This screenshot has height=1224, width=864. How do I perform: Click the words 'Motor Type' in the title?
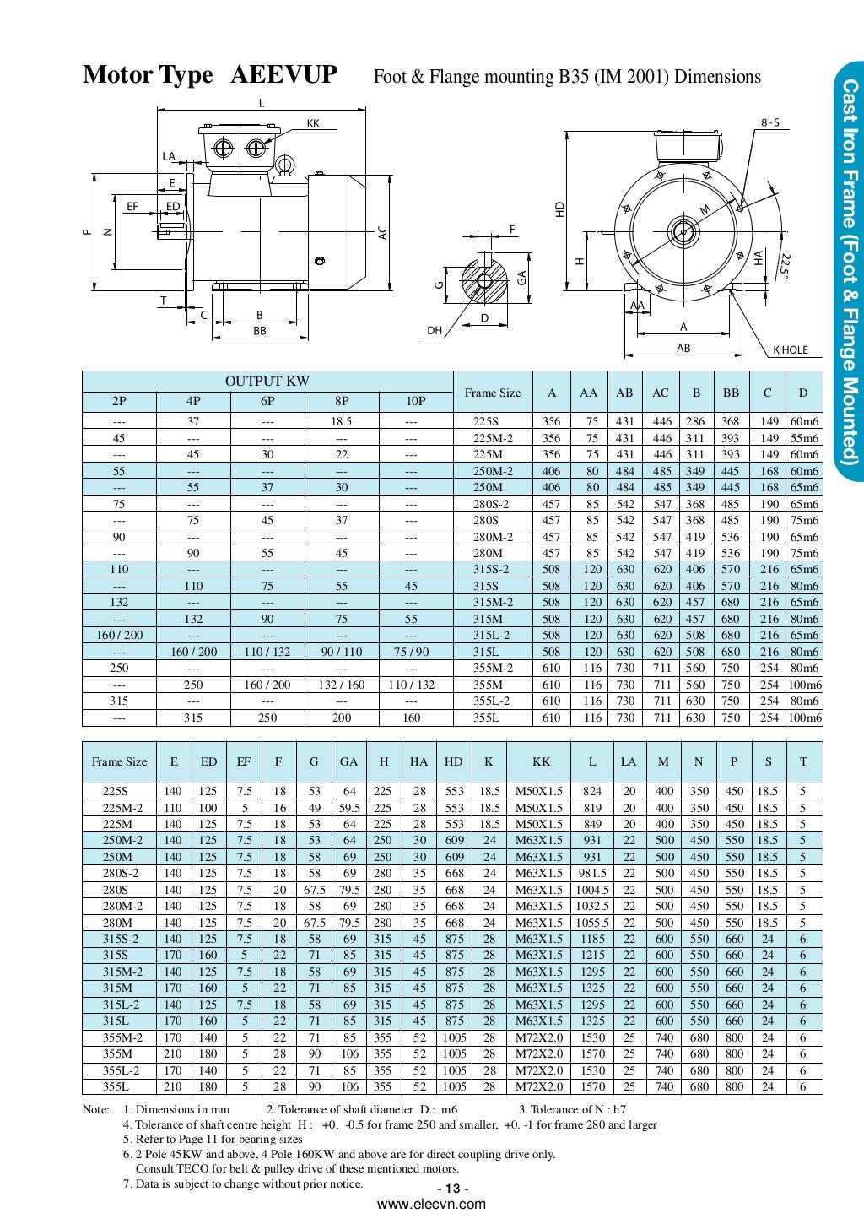click(148, 75)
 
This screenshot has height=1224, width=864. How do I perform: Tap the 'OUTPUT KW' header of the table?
click(267, 382)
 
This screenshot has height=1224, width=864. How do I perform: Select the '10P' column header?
click(416, 401)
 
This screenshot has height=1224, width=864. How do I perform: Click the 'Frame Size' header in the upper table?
click(493, 393)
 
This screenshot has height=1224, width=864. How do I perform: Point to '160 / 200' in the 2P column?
click(119, 635)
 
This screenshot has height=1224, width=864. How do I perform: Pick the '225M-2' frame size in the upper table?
click(493, 438)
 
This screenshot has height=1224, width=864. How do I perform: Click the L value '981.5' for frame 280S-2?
click(592, 874)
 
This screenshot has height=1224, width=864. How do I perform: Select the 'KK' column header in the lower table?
click(541, 761)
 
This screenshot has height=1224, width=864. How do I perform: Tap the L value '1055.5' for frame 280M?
click(592, 923)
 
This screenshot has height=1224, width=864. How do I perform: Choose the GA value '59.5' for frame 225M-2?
click(349, 808)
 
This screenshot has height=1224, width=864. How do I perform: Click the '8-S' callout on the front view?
click(770, 123)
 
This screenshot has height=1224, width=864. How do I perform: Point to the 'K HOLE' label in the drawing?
click(791, 349)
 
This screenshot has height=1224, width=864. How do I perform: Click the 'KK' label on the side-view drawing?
click(313, 123)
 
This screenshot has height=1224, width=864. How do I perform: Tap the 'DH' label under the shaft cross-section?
click(435, 331)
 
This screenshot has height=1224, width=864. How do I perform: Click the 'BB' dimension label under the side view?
click(260, 332)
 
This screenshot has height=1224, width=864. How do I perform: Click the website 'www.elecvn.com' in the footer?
click(431, 1205)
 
